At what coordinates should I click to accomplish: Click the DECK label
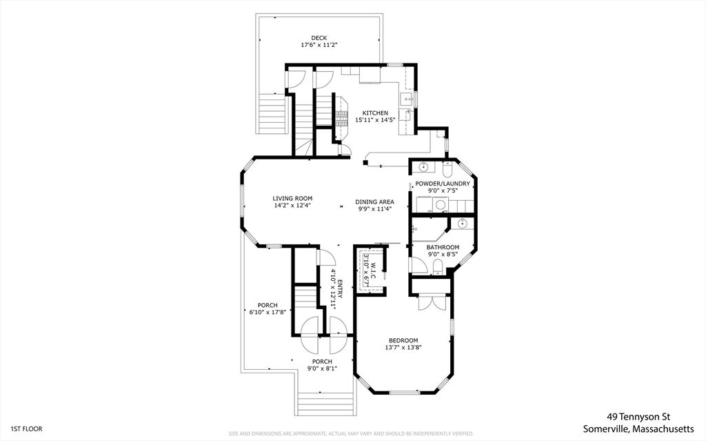(x=319, y=38)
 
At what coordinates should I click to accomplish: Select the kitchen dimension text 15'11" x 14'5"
(x=375, y=120)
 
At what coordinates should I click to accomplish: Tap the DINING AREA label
(x=374, y=202)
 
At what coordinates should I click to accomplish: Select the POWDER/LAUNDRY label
(x=443, y=184)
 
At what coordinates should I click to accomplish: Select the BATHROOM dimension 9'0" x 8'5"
(x=442, y=254)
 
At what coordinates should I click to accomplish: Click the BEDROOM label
(x=403, y=340)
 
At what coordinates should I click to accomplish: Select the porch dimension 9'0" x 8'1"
(x=322, y=369)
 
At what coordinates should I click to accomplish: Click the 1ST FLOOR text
(x=27, y=429)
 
